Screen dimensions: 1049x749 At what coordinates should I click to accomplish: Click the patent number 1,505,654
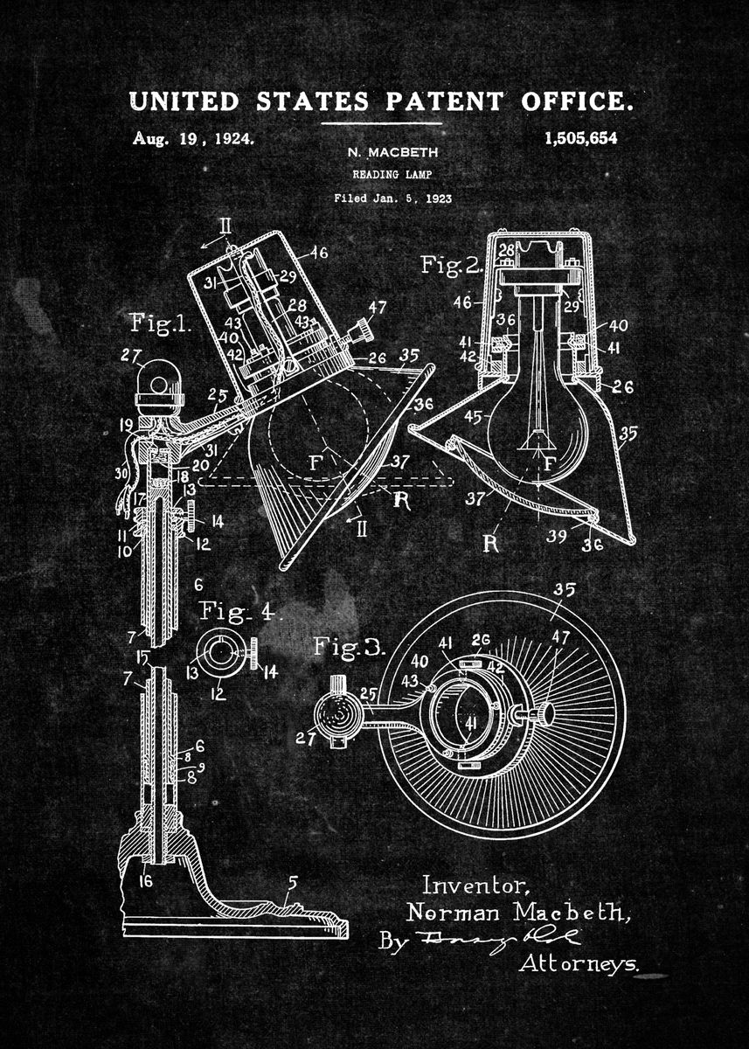coord(579,138)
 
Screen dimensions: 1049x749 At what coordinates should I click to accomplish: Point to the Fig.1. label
coord(160,324)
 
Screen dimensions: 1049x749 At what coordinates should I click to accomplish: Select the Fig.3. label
coord(348,648)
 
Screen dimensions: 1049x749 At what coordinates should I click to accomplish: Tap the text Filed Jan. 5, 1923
coord(392,198)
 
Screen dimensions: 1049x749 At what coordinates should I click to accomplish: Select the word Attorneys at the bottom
coord(579,964)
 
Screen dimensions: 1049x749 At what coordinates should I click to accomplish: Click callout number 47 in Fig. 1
coord(378,307)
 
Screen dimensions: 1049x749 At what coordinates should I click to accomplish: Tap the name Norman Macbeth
coord(516,914)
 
